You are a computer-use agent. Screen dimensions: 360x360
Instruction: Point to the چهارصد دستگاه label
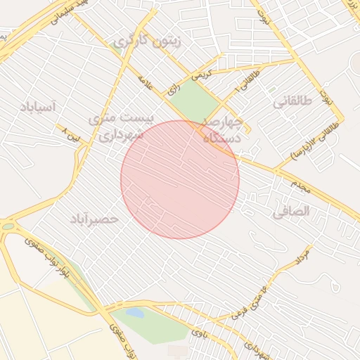point(222,129)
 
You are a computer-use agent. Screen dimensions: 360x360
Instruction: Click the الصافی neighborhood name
point(290,210)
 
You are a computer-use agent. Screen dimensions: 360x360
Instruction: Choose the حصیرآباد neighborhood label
point(94,219)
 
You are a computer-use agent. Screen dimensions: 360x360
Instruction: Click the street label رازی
point(173,89)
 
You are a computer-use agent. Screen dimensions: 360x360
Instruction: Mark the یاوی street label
point(200,335)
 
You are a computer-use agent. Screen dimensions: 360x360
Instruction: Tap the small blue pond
point(134,312)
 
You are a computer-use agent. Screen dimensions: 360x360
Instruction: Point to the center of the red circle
point(180,179)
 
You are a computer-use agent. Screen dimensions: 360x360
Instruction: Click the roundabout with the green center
point(8,226)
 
